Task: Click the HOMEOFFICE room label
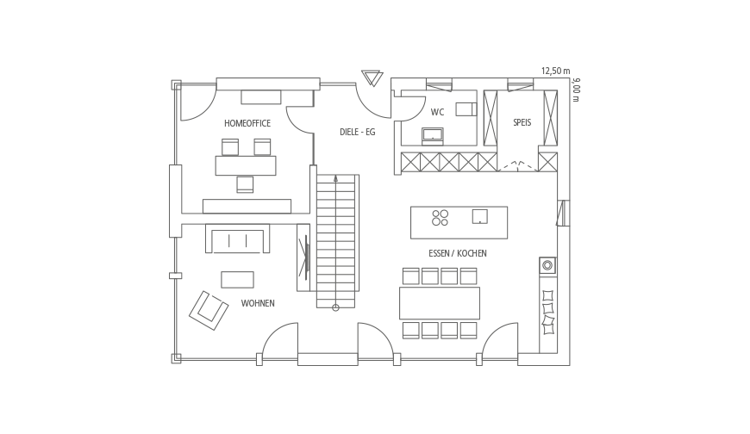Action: (247, 123)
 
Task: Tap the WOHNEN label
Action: (258, 303)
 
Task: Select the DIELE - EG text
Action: (357, 132)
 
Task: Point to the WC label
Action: (437, 112)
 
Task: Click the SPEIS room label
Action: (522, 122)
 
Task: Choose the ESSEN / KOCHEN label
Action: (457, 253)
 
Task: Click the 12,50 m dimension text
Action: (555, 71)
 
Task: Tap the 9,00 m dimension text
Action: (576, 90)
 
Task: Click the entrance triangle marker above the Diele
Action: (372, 77)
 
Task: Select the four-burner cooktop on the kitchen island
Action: (440, 218)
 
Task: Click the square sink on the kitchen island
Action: (480, 216)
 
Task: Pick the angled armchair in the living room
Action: (209, 311)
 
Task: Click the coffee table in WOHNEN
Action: (237, 280)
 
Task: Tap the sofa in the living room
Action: (237, 238)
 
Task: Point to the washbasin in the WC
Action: (433, 136)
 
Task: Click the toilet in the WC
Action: (466, 109)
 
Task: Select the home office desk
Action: (246, 165)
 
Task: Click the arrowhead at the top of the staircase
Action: (336, 178)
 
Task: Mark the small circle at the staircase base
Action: (336, 307)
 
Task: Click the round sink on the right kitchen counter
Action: (547, 265)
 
